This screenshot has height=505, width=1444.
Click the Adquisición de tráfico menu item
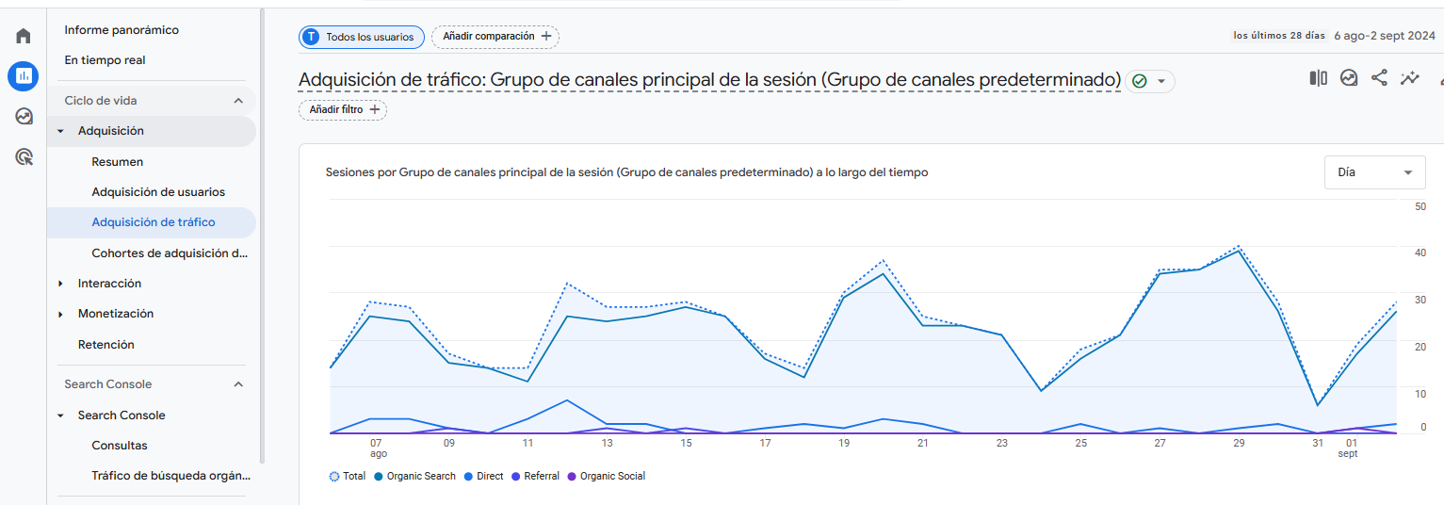pos(154,222)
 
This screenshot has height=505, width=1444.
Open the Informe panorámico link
pos(122,30)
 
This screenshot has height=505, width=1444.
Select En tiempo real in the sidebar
pos(105,60)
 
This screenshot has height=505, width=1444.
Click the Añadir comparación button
pos(495,37)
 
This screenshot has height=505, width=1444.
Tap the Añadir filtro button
pos(343,110)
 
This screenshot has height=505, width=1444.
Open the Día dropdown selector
pos(1374,172)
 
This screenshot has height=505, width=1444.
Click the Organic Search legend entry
pos(420,477)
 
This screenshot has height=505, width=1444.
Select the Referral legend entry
pos(541,477)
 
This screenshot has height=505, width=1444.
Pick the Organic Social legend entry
pos(612,477)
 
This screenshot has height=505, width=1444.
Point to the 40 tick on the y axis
pos(1420,252)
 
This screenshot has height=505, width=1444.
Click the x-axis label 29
pos(1239,443)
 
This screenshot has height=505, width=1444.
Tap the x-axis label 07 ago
pos(376,448)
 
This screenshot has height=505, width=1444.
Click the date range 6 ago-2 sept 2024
pos(1384,36)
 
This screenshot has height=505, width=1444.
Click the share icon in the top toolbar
pos(1379,78)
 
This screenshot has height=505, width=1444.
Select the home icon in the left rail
pos(24,36)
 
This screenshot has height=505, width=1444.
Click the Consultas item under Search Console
pos(120,446)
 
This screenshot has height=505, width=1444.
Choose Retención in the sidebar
pos(106,345)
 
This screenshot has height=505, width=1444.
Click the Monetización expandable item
pos(115,314)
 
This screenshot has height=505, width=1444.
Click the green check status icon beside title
pos(1140,81)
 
